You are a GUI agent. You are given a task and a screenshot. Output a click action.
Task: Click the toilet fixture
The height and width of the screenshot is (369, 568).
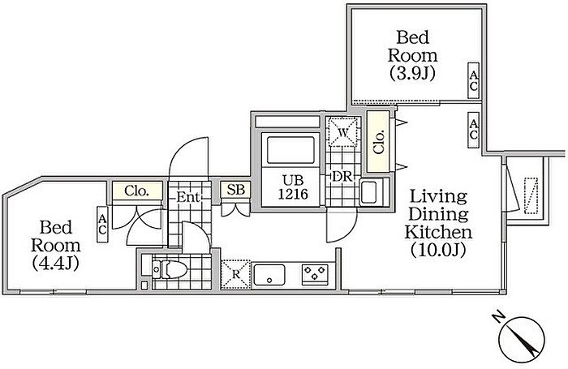170,269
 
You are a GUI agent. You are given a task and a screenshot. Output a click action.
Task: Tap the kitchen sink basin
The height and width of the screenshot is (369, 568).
269,275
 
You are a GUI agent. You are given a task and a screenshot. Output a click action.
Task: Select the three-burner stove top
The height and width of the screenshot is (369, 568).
315,274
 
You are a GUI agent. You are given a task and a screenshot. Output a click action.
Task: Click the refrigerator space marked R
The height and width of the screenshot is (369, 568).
235,274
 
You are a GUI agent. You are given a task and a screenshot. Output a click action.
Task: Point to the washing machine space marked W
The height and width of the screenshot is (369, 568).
342,132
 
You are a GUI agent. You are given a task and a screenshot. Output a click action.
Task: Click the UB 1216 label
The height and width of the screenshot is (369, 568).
293,187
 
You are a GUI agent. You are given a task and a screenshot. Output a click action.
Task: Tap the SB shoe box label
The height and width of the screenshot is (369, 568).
235,190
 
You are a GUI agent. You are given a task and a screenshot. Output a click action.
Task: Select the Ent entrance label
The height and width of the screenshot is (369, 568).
188,197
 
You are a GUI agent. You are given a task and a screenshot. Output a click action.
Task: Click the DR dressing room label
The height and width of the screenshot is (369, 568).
342,176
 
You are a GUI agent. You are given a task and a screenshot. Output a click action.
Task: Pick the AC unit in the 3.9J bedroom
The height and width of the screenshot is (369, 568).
473,80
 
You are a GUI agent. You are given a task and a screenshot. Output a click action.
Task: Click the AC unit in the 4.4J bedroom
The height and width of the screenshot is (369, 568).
102,224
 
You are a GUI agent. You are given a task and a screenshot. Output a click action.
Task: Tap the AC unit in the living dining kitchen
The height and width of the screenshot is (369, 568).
473,130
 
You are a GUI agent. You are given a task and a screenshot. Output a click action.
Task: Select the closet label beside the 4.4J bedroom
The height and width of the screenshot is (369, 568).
136,191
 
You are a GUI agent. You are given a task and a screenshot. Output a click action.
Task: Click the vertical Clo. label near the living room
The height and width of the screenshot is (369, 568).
379,142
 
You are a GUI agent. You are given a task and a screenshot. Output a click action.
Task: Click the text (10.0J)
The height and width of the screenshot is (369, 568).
438,250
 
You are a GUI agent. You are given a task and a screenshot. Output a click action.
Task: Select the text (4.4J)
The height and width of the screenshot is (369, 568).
55,264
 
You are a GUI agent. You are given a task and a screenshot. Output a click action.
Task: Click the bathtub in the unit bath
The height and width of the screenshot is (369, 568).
290,149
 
